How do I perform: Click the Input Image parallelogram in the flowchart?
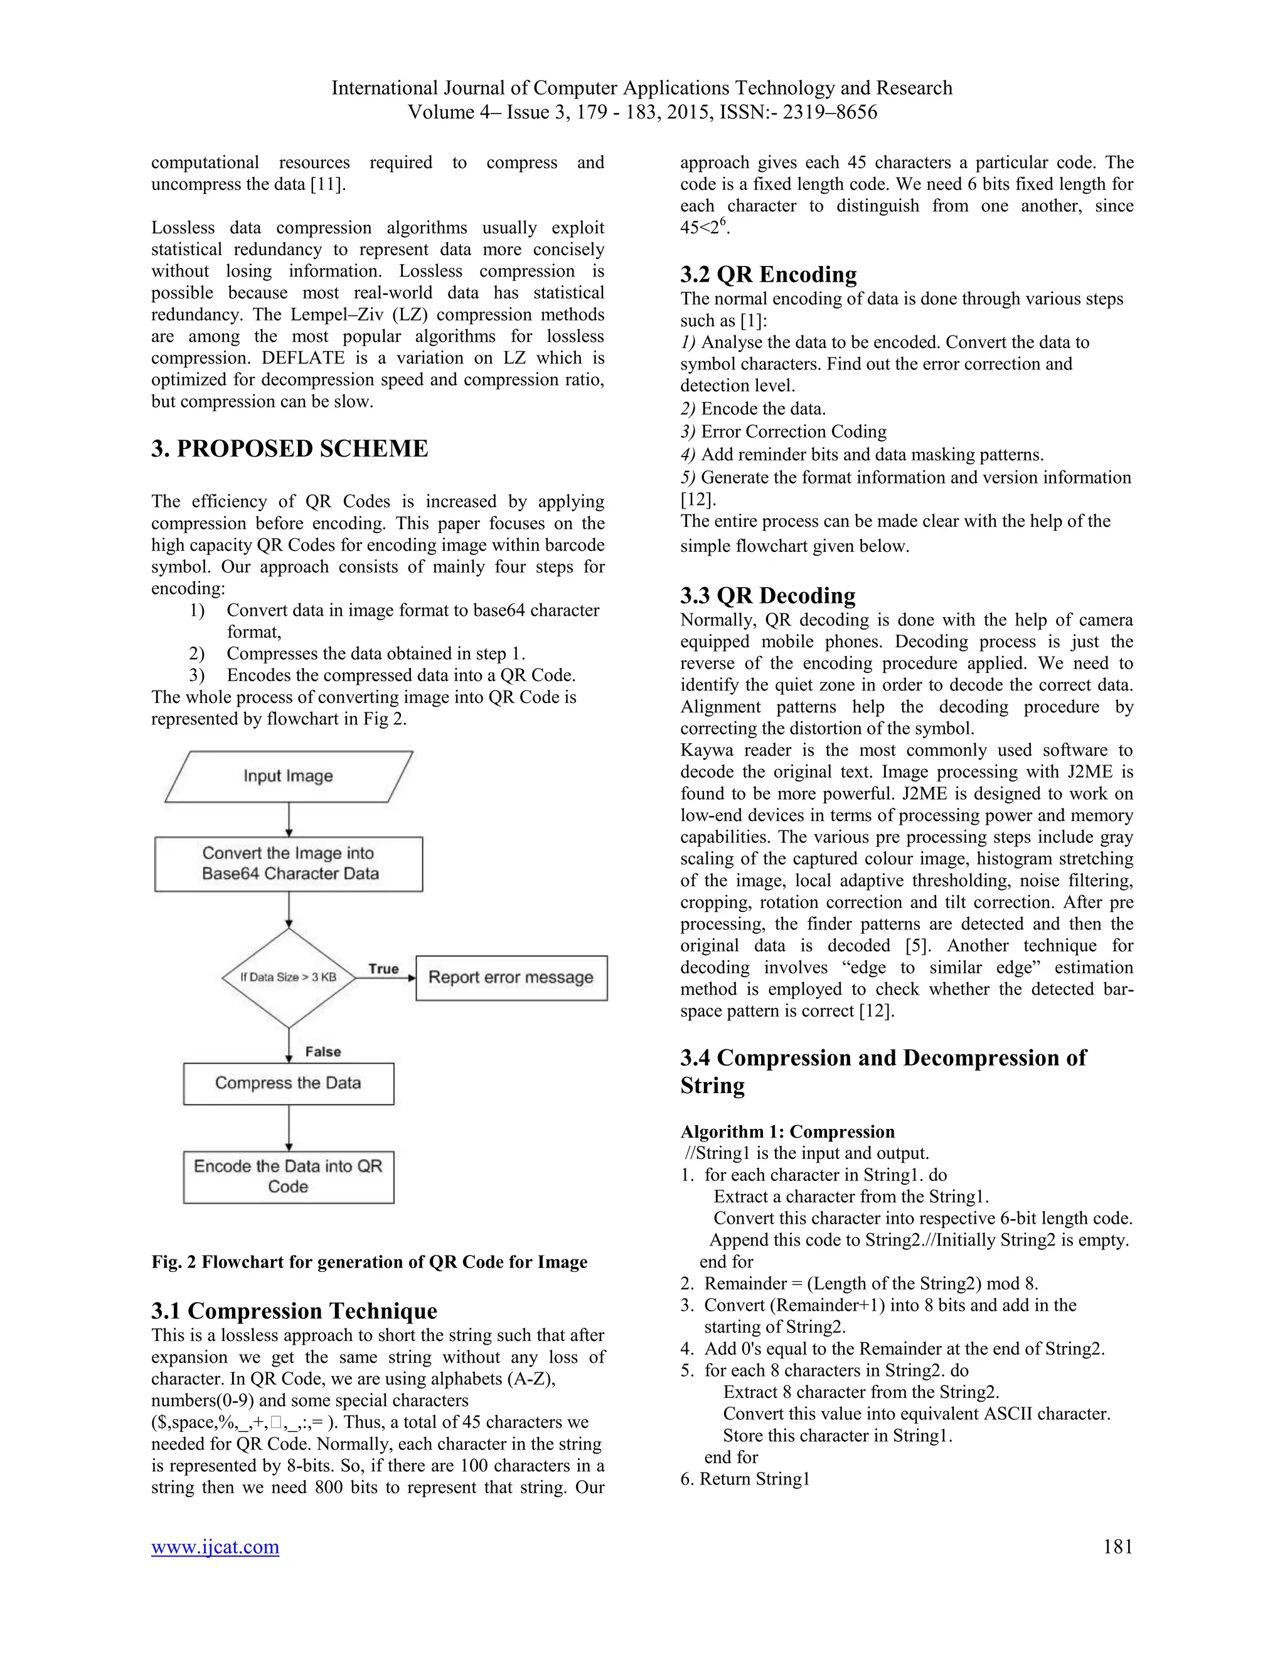click(289, 776)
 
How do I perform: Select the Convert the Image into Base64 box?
click(289, 864)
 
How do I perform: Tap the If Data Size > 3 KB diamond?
click(289, 977)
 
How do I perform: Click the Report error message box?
click(511, 978)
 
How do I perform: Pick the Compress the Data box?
click(289, 1083)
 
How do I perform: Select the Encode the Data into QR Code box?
click(289, 1177)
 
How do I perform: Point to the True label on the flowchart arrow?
click(383, 969)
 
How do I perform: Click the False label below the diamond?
click(323, 1052)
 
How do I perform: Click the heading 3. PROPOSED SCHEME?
click(289, 449)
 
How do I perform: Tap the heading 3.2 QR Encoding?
click(768, 274)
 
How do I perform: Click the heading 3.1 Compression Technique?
click(294, 1310)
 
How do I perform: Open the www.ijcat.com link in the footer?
click(215, 1547)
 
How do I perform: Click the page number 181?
click(1117, 1547)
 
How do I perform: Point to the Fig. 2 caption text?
click(369, 1262)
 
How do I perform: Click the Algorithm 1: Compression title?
click(787, 1131)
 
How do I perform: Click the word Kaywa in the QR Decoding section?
click(706, 750)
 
